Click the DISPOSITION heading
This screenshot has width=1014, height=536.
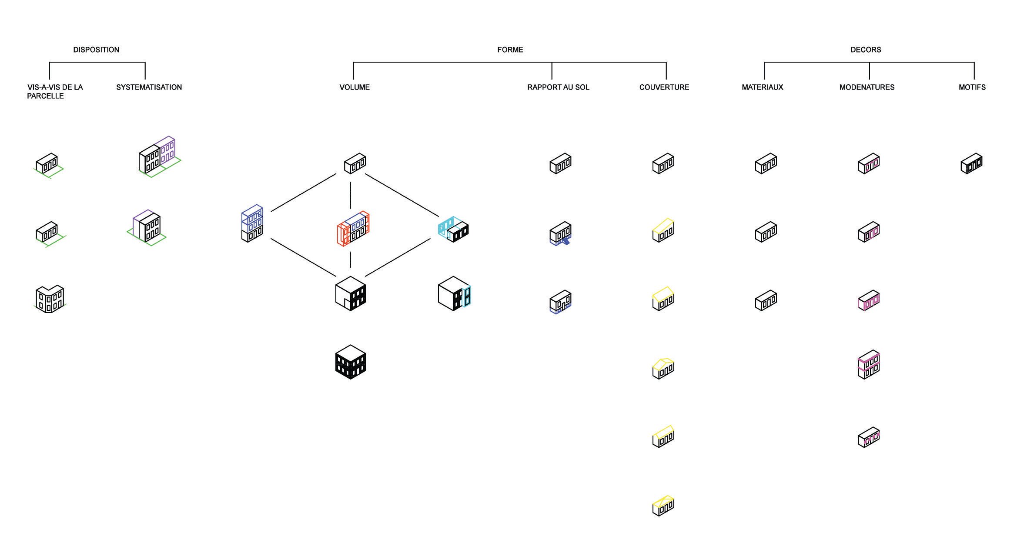click(x=96, y=50)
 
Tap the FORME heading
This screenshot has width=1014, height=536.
click(x=510, y=50)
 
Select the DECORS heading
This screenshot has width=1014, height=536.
click(x=866, y=50)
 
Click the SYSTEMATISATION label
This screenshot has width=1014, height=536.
click(x=149, y=87)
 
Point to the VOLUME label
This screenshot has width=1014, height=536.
click(x=355, y=87)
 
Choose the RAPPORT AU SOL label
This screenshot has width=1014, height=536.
click(x=558, y=87)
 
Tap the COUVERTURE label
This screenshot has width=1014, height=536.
click(x=664, y=87)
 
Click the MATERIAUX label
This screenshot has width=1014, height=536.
click(x=762, y=87)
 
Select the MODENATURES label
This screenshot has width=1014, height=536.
click(x=867, y=87)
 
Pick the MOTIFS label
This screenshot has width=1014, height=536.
click(x=972, y=87)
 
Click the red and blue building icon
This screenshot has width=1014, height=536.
click(x=353, y=229)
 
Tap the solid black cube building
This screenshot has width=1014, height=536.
click(x=351, y=362)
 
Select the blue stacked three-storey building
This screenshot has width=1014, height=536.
click(x=252, y=223)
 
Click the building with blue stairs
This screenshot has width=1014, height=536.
click(x=560, y=233)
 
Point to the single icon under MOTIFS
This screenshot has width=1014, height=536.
click(x=971, y=163)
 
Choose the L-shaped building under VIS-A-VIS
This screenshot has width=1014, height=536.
click(x=50, y=299)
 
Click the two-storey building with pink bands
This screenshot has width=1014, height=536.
click(x=868, y=364)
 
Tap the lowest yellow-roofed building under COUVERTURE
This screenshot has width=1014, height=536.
click(x=663, y=506)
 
